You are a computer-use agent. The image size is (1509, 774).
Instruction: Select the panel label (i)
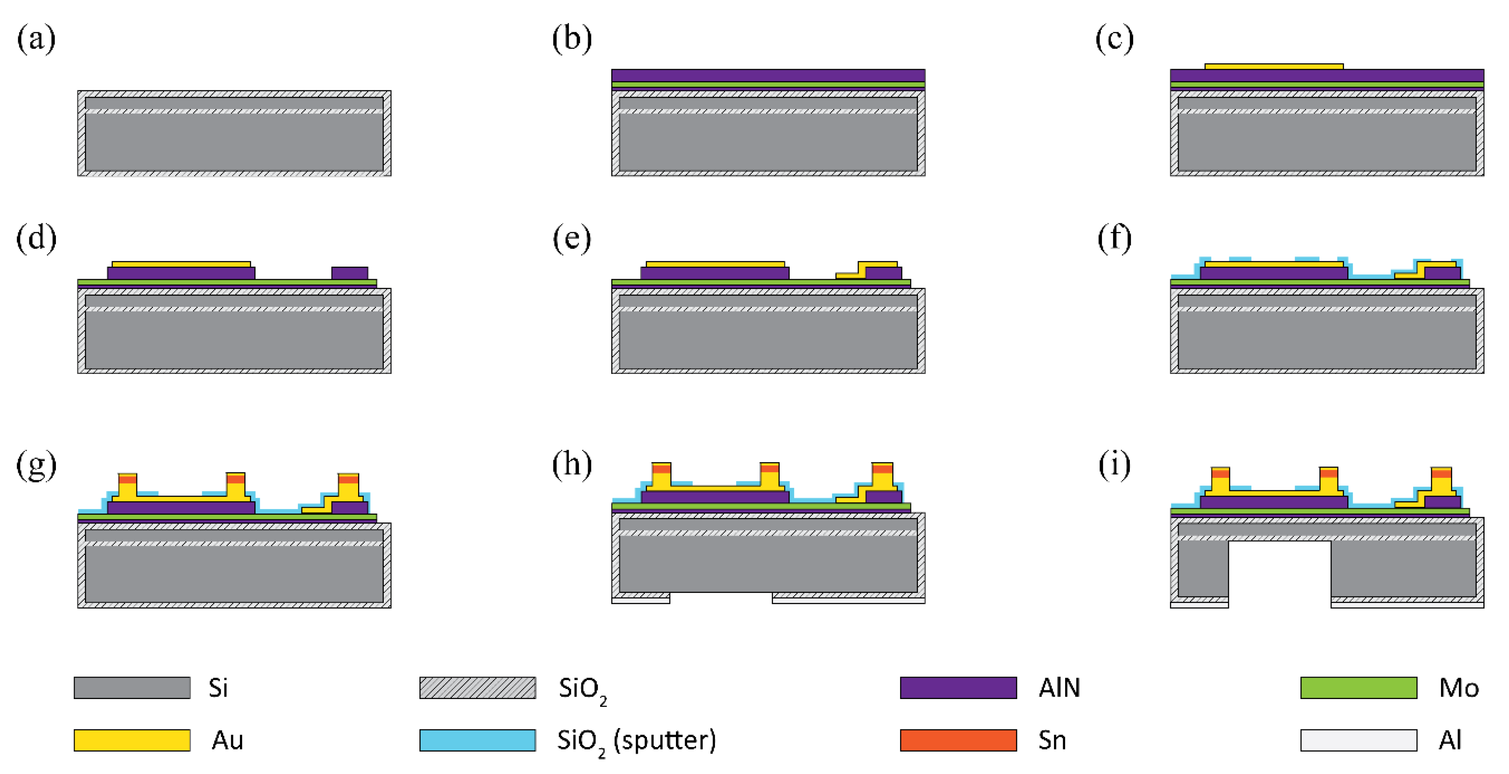1114,465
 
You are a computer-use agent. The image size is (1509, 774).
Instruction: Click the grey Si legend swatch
132,687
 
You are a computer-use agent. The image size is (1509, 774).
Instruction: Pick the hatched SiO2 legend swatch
477,687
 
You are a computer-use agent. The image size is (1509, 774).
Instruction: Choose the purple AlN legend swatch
958,687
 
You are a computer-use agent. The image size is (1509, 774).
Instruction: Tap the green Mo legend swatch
1359,687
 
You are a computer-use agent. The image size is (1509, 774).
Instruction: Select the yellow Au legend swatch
132,740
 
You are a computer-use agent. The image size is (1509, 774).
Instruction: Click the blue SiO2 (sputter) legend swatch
477,740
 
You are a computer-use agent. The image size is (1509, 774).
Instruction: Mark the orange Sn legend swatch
958,740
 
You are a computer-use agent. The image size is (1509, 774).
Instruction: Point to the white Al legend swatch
1359,740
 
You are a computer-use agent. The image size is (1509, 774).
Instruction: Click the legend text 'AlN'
1059,687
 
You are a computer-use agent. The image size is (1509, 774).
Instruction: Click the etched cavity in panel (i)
1279,574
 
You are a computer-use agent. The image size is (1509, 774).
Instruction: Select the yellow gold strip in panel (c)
1274,66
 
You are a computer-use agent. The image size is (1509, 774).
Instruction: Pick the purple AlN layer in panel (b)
768,75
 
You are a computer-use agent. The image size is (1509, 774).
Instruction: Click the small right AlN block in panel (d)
350,273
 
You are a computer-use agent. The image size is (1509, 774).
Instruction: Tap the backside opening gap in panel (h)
721,598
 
